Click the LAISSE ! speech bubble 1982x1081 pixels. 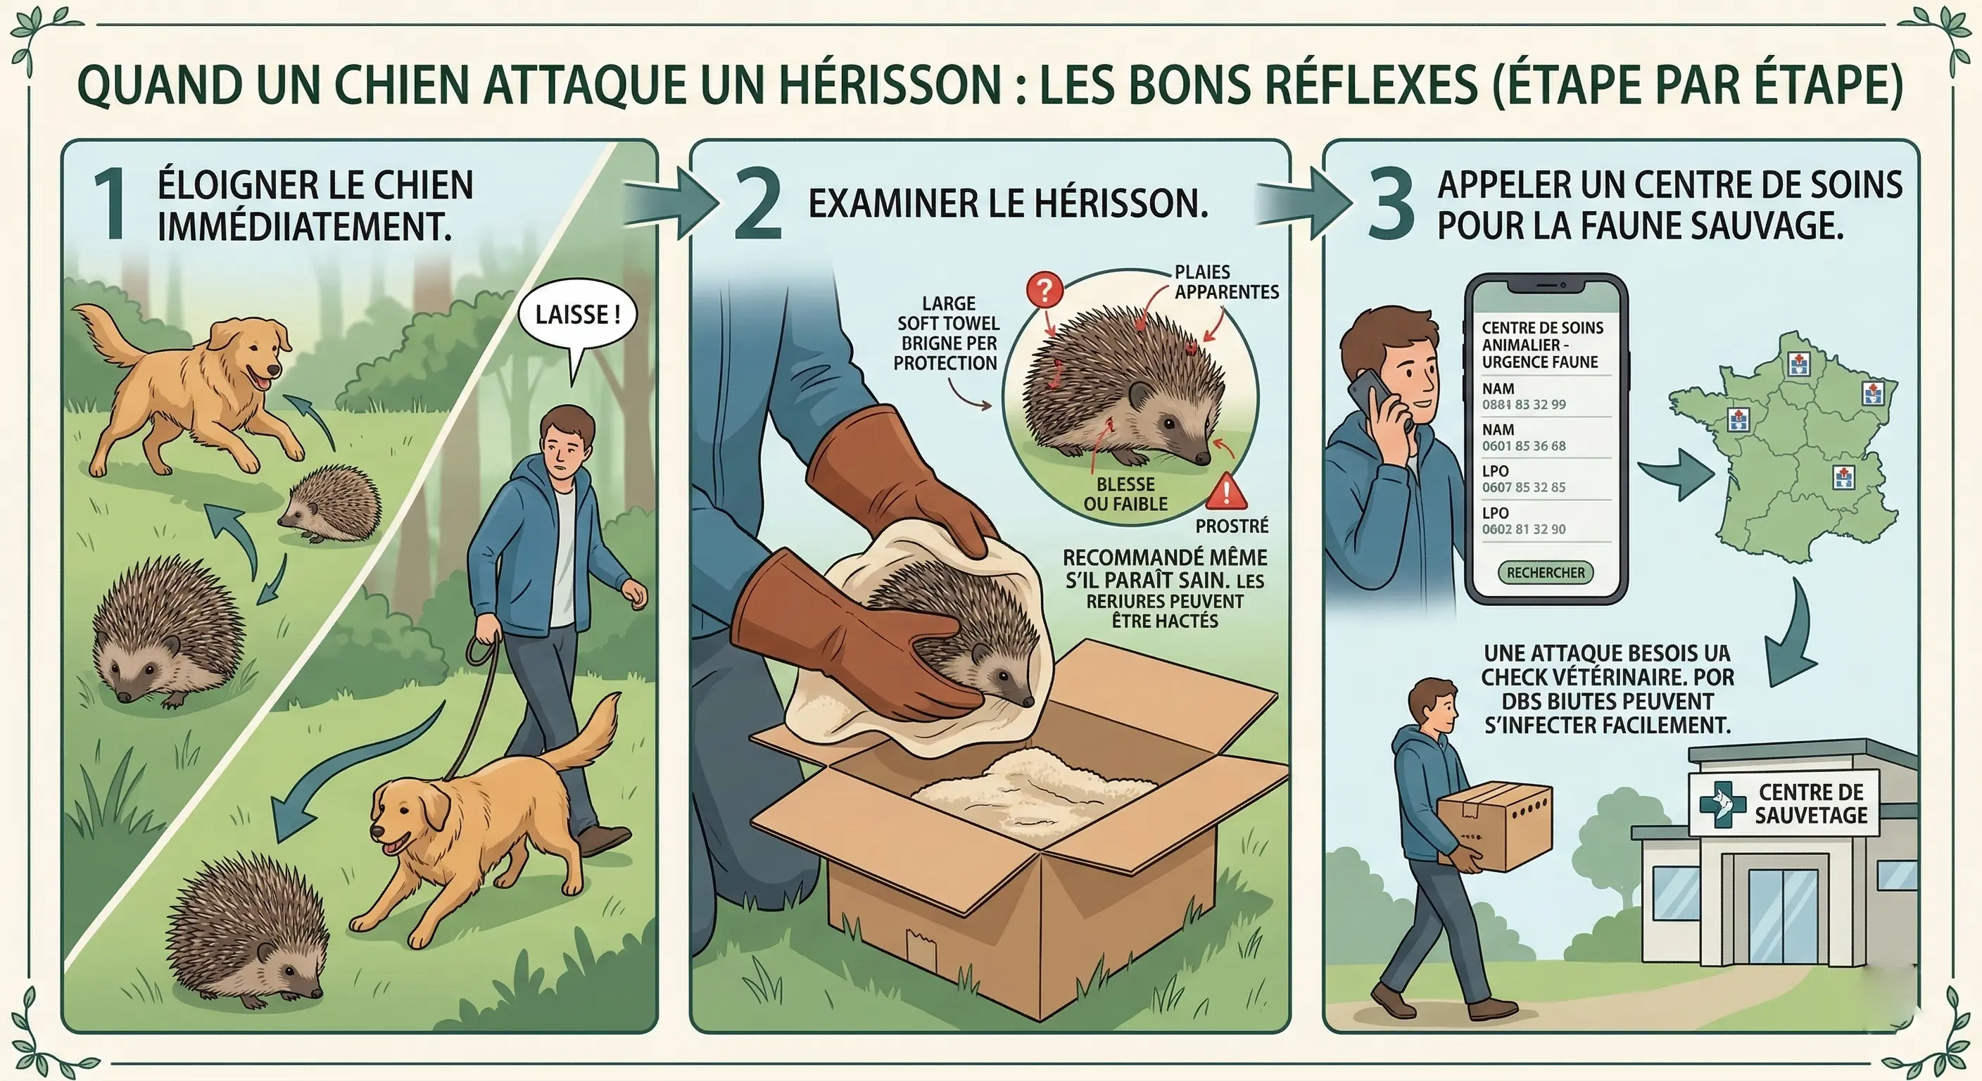[577, 315]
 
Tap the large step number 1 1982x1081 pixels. [110, 205]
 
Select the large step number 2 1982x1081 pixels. [758, 205]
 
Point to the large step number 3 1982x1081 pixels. [1391, 205]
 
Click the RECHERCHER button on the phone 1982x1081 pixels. [1545, 572]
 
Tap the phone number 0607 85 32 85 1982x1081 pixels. [1523, 487]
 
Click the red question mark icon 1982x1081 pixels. [1044, 291]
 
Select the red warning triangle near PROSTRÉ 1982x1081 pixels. [1225, 493]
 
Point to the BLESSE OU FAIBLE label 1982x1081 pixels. [1125, 494]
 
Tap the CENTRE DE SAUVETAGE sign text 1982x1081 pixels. [1811, 803]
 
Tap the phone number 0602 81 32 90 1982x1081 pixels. [1523, 529]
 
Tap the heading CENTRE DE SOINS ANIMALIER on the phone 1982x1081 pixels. [1542, 345]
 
